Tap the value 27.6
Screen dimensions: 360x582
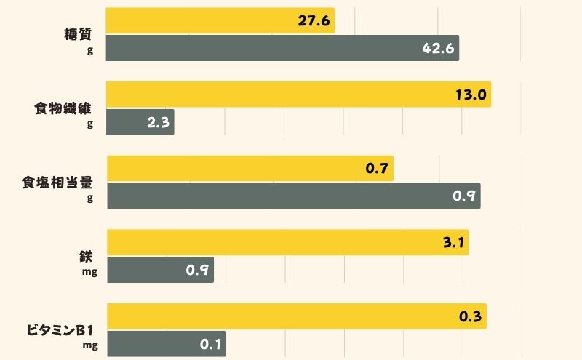click(314, 21)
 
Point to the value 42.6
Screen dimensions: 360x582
click(439, 49)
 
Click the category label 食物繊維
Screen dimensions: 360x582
click(65, 108)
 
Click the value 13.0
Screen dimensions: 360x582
click(470, 95)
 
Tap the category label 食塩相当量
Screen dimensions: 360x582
click(57, 183)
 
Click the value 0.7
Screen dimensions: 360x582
click(376, 169)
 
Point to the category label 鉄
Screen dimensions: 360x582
click(87, 257)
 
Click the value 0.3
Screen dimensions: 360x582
click(470, 317)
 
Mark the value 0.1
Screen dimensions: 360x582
click(210, 344)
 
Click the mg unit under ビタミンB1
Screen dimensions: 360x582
click(89, 345)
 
